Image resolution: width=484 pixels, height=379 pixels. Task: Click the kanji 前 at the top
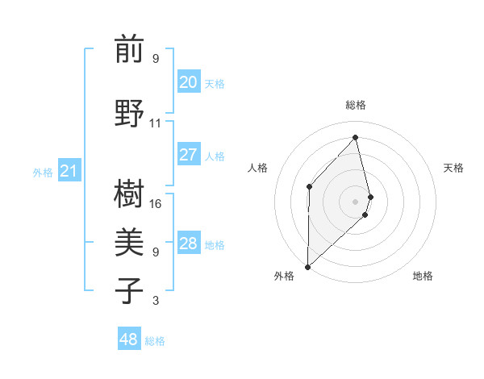click(129, 49)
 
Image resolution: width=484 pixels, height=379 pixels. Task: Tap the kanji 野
click(129, 112)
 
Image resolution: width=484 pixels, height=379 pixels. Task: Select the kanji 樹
click(129, 193)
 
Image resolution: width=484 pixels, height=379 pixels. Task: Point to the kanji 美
click(129, 241)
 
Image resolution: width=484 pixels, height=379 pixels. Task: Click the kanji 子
click(129, 290)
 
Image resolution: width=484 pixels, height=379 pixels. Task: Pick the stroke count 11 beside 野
click(156, 123)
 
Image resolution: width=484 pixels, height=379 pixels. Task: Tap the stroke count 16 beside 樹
click(156, 204)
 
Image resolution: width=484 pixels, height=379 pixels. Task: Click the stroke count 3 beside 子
click(156, 301)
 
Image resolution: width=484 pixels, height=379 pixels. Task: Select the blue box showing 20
click(189, 82)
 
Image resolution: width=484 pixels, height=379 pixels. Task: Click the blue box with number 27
click(189, 155)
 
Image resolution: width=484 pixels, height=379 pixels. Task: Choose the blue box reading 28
click(189, 244)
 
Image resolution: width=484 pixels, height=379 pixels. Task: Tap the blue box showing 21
click(69, 171)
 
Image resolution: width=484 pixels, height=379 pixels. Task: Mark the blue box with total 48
click(129, 339)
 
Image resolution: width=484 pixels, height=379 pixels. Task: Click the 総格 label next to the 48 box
click(155, 341)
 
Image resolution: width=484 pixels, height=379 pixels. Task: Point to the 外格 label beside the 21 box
click(42, 172)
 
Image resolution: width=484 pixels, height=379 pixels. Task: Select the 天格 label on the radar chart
click(453, 168)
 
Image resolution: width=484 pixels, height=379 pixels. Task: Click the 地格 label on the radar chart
click(423, 276)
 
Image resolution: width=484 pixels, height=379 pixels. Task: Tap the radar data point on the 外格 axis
click(307, 266)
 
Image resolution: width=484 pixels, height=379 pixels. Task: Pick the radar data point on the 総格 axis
click(355, 137)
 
